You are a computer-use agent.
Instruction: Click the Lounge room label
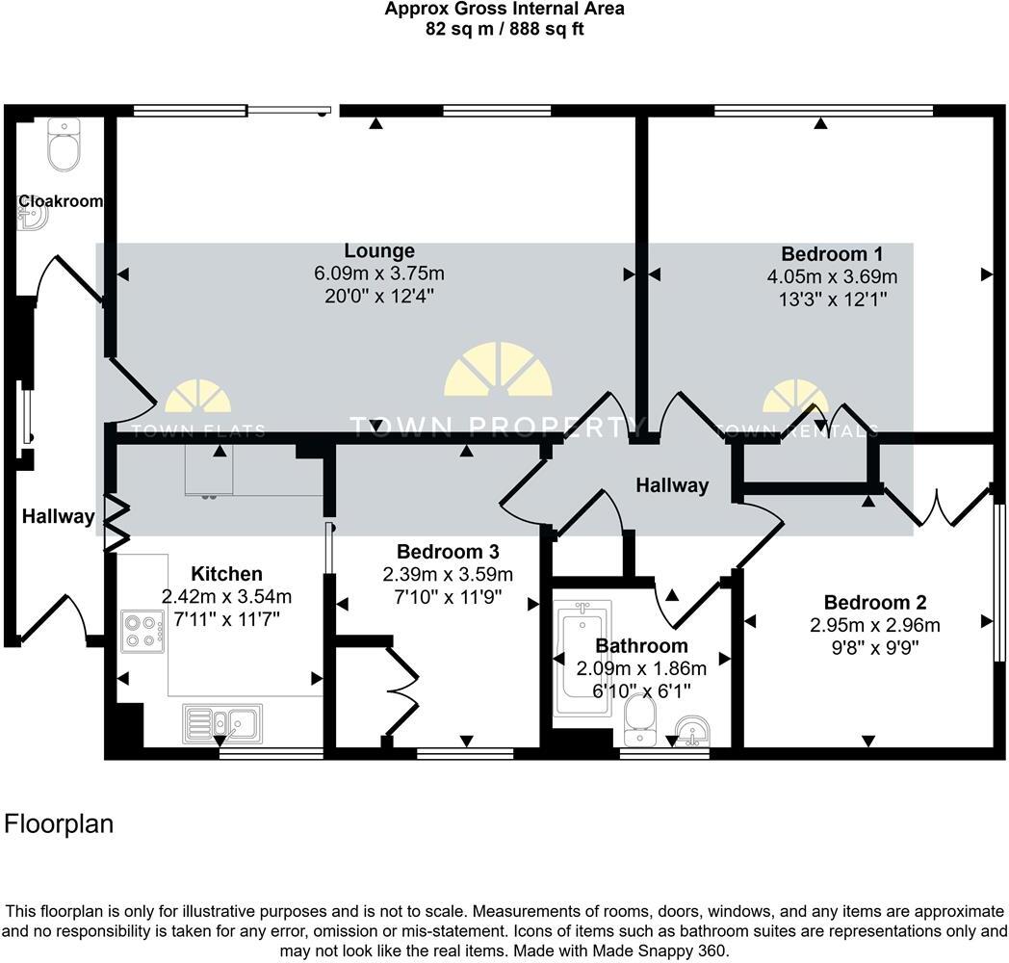tap(379, 252)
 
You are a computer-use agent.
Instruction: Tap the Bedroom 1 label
tap(832, 254)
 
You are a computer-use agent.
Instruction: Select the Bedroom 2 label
tap(875, 603)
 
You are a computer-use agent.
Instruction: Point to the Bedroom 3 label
tap(448, 552)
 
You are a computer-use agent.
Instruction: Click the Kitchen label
tap(226, 574)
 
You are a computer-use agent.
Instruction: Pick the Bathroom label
tap(641, 646)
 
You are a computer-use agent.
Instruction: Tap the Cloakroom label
tap(60, 201)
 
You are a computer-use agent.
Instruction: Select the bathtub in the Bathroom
tap(582, 659)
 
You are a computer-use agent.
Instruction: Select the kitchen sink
tap(221, 723)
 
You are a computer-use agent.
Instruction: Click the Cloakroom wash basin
tap(32, 219)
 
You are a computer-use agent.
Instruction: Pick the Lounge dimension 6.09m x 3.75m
tap(379, 274)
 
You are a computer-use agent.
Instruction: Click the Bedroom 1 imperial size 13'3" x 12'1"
tap(832, 299)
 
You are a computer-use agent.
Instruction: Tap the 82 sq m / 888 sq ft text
tap(504, 29)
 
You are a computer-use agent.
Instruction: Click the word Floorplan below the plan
tap(60, 824)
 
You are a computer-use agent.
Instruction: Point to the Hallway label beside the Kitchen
tap(59, 517)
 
